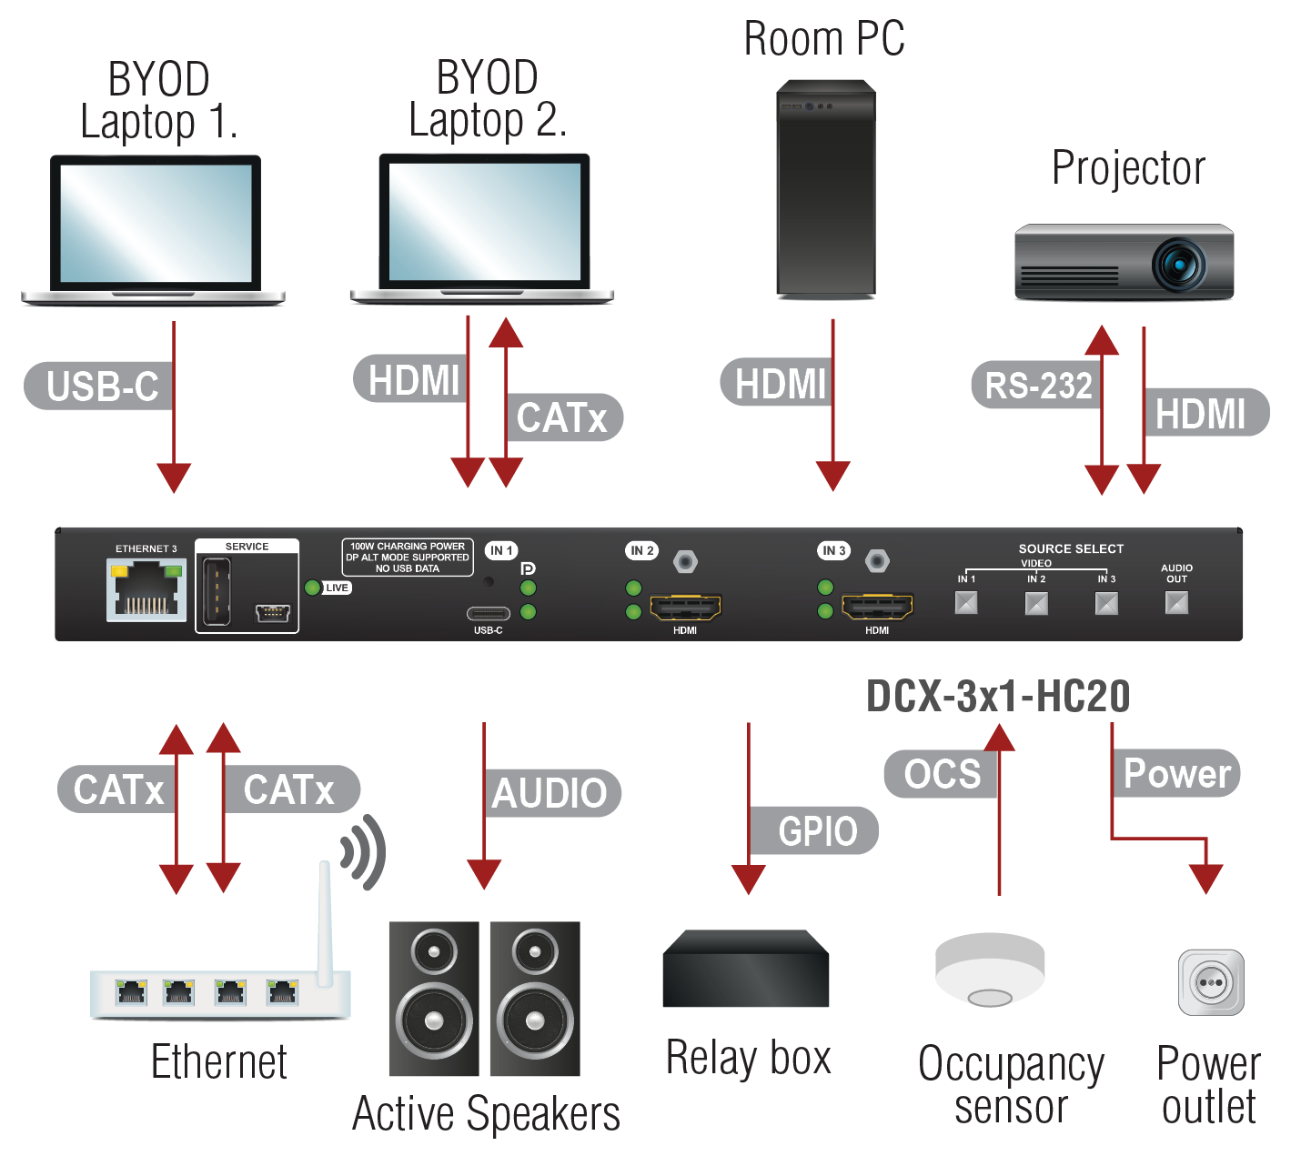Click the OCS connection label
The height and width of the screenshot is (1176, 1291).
point(942,774)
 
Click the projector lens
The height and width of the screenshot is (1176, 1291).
point(1179,265)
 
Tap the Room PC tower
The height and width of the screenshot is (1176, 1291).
point(826,188)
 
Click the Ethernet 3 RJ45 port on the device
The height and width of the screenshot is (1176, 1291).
point(146,589)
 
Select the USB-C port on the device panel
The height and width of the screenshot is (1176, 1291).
point(489,613)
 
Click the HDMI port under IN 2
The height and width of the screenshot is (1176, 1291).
point(685,607)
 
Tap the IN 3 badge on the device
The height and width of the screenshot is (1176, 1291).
point(834,550)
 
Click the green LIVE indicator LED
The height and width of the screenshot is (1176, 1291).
point(313,588)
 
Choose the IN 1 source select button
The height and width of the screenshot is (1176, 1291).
point(966,603)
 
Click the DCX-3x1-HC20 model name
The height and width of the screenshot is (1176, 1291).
point(998,696)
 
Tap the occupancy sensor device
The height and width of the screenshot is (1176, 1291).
point(990,970)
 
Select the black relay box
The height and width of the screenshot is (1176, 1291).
point(746,968)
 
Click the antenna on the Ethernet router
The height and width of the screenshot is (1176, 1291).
point(325,924)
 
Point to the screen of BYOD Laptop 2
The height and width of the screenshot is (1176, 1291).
point(485,221)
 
